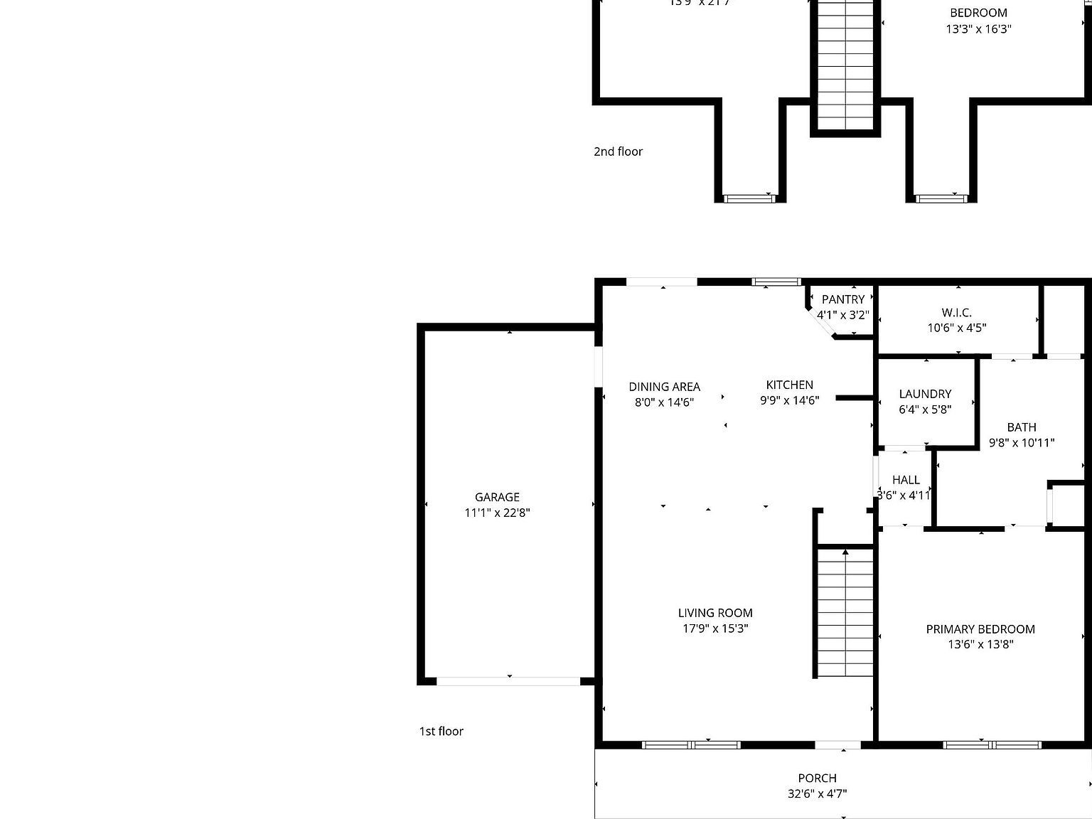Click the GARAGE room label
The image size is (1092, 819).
point(497,497)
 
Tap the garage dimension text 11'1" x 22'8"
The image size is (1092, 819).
point(497,513)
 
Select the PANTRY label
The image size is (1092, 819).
point(843,299)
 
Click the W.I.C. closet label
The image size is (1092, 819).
point(956,312)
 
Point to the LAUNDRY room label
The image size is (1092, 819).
point(925,394)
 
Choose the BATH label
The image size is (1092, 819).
point(1021,427)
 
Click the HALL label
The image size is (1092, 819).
point(906,480)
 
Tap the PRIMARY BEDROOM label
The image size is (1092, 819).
point(980,629)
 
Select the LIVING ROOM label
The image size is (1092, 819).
point(714,613)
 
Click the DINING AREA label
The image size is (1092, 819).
point(664,387)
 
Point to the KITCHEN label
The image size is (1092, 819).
point(789,385)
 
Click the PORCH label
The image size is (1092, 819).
point(817,778)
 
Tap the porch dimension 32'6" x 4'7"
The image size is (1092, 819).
point(817,793)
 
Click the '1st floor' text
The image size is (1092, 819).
point(441,731)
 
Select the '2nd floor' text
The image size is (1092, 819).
point(618,151)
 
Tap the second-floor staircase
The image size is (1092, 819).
point(845,64)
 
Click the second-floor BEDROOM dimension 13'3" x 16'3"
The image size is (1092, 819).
point(978,29)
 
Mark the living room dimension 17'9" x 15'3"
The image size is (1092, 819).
point(714,628)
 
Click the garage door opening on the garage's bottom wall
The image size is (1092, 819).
point(508,681)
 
